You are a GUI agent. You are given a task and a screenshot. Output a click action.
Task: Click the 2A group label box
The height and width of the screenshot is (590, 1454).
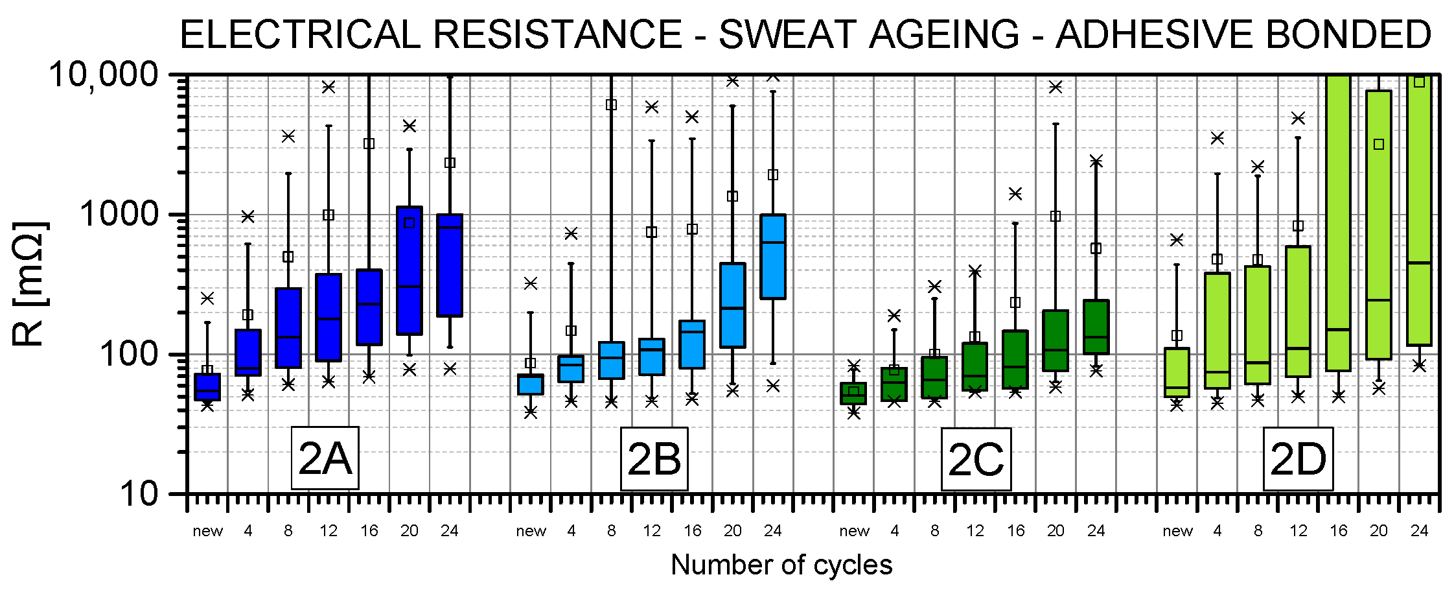pos(325,458)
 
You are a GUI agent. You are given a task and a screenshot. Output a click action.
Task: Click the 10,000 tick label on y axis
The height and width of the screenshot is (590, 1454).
pos(104,75)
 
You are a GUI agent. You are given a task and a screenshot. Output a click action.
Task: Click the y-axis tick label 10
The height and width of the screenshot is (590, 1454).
pos(139,494)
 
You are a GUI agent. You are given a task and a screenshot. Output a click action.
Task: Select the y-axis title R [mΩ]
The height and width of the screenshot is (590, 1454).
pos(30,284)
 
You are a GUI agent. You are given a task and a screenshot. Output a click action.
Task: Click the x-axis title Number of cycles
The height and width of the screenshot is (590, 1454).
pos(781,565)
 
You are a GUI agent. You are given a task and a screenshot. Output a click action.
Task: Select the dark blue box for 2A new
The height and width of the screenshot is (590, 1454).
pos(207,387)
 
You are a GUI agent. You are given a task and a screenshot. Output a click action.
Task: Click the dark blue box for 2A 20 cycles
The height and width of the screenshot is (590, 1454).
pos(410,271)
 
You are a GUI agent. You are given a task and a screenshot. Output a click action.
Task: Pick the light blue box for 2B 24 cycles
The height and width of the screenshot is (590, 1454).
pos(773,257)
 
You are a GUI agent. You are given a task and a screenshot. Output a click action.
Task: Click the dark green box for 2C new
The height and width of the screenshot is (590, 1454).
pos(853,394)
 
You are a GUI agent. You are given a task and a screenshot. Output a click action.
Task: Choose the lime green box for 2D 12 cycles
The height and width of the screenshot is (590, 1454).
pos(1298,311)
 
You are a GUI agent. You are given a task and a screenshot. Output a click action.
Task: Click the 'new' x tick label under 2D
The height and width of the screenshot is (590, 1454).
pos(1177,531)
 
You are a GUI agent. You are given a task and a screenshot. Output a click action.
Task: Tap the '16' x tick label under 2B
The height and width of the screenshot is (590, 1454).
pos(692,531)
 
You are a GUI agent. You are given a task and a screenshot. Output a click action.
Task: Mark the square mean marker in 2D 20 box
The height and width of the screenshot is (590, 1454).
pos(1379,144)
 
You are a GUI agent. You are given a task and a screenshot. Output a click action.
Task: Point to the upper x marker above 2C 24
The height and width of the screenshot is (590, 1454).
pos(1096,161)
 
